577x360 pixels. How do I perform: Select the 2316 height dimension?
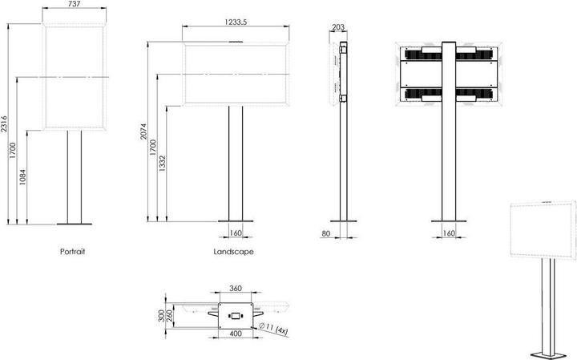click(x=6, y=123)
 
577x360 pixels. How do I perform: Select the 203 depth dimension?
click(x=337, y=26)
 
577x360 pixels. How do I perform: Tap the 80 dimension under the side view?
click(x=325, y=234)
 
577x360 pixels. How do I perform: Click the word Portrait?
click(x=72, y=252)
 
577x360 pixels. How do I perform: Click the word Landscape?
click(x=234, y=252)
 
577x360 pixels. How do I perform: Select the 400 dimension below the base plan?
click(x=236, y=333)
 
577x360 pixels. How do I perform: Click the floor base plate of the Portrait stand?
click(x=74, y=224)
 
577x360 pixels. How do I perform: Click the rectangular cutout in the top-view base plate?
click(x=236, y=313)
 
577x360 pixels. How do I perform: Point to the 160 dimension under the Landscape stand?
click(x=236, y=234)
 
